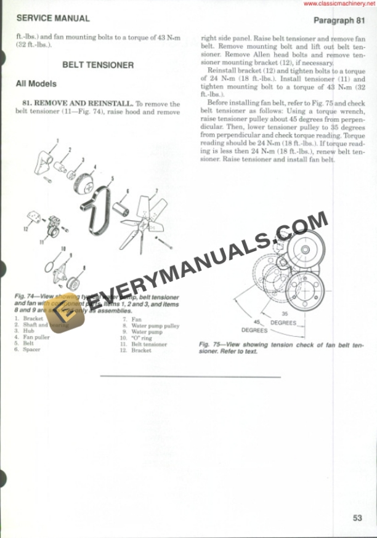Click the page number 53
pyautogui.click(x=357, y=518)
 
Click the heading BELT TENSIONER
pyautogui.click(x=98, y=65)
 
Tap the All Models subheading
pyautogui.click(x=36, y=84)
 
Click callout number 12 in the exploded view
pyautogui.click(x=26, y=229)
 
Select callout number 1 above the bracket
pyautogui.click(x=57, y=140)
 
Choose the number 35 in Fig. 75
pyautogui.click(x=285, y=313)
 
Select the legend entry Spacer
pyautogui.click(x=31, y=350)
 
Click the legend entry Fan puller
pyautogui.click(x=36, y=337)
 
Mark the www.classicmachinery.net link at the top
pyautogui.click(x=338, y=4)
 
